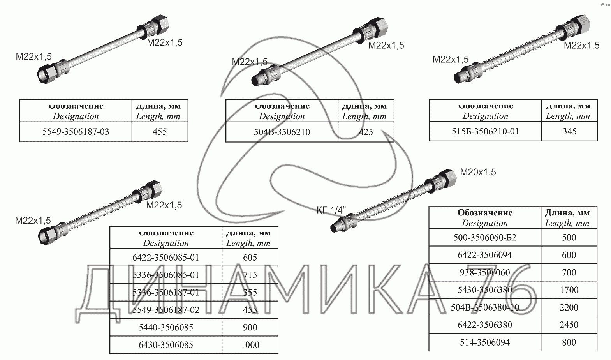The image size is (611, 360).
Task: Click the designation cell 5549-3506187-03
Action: click(x=76, y=132)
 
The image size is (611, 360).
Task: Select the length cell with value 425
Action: click(x=366, y=132)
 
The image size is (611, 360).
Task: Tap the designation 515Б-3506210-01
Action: click(x=485, y=131)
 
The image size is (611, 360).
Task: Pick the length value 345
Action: click(x=569, y=131)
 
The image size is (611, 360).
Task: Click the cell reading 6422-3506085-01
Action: click(x=166, y=258)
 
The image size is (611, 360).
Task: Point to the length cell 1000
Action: click(x=250, y=345)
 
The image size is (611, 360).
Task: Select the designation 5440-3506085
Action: click(x=166, y=327)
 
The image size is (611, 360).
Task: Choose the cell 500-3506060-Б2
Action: click(x=485, y=237)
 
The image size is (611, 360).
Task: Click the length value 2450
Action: click(x=569, y=325)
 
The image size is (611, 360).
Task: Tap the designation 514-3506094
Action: click(x=485, y=342)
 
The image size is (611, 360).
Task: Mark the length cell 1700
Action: click(x=569, y=290)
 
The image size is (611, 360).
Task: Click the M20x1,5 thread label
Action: click(x=478, y=172)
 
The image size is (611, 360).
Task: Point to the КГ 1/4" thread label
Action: click(x=331, y=210)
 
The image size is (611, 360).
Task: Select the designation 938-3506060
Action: click(x=485, y=272)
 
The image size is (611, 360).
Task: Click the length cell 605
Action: click(x=250, y=258)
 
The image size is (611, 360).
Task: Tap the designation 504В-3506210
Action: click(x=282, y=132)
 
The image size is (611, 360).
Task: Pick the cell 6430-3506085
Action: click(x=166, y=345)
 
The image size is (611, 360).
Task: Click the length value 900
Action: click(x=250, y=327)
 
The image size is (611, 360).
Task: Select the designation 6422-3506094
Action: click(x=485, y=255)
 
